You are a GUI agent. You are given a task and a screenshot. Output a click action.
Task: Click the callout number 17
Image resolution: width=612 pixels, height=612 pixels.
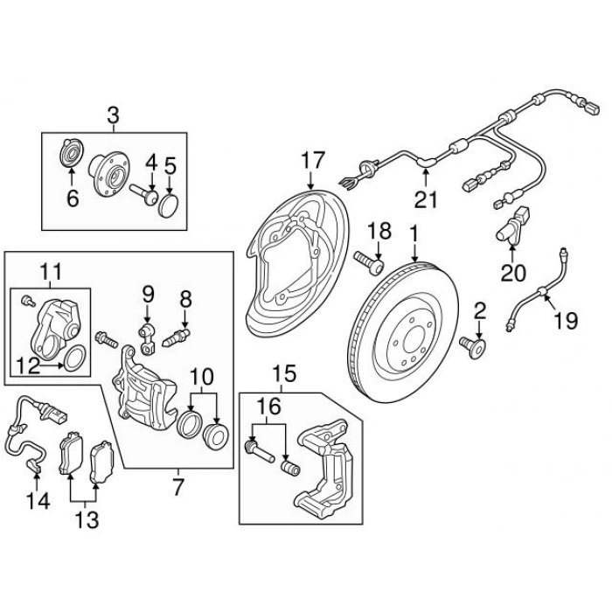pos(313,161)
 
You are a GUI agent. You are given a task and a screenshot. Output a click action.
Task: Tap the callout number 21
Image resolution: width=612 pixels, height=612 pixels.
pos(425,199)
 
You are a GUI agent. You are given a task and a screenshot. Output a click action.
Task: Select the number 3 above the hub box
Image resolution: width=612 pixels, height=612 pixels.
pos(112,114)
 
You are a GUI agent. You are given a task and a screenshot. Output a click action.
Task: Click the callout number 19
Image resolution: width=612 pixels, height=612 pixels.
pos(566,321)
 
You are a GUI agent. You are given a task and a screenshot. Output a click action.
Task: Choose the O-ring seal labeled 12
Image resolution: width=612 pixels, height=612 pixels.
pos(75,358)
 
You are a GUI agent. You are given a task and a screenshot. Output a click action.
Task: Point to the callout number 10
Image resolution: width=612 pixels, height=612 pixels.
pos(202,378)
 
